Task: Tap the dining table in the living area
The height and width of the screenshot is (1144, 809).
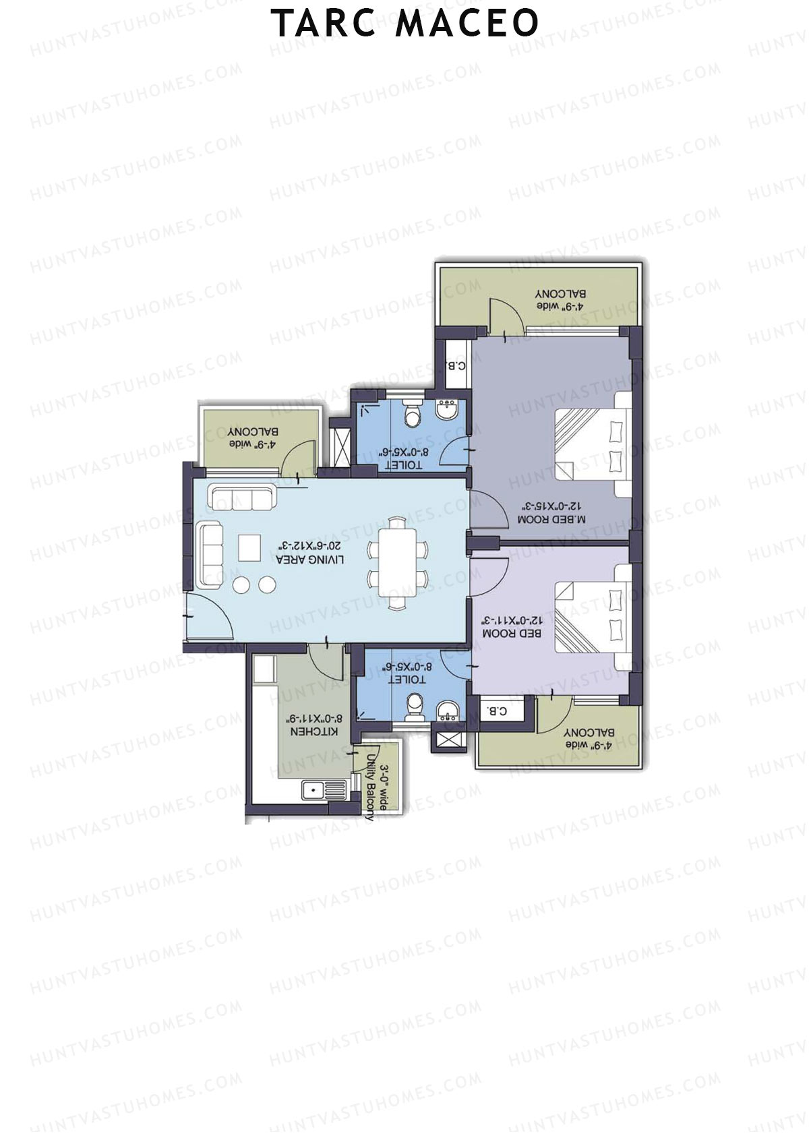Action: point(398,564)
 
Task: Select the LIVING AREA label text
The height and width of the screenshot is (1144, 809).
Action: point(310,560)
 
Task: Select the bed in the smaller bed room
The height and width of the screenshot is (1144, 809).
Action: point(593,617)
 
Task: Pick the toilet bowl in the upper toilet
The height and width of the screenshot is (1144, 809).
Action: point(412,416)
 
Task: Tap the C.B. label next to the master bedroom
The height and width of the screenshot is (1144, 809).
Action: point(456,366)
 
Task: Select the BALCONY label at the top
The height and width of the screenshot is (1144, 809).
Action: point(560,294)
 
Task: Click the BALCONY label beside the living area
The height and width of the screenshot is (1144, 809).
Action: point(253,431)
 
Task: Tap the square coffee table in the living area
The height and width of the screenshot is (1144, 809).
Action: point(249,547)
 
